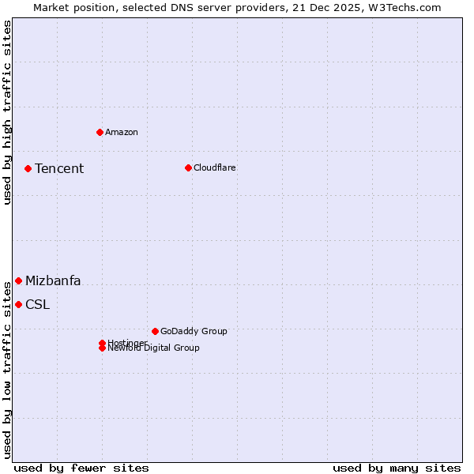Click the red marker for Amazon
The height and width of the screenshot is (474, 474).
[x=100, y=132]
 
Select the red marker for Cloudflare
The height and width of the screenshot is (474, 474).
[x=188, y=167]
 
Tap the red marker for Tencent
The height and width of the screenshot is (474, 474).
[x=28, y=168]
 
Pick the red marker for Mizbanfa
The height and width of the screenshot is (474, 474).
[x=18, y=280]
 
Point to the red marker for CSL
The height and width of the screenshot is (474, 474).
[x=18, y=304]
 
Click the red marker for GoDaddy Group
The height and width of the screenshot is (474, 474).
[x=155, y=331]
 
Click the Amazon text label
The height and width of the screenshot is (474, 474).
[x=122, y=132]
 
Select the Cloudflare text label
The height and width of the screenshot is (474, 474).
[x=214, y=167]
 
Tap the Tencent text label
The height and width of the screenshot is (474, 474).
[x=59, y=168]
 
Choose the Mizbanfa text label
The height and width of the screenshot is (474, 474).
[x=53, y=280]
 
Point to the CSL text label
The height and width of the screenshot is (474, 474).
[x=37, y=304]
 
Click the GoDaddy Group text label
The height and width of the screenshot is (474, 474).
[x=194, y=331]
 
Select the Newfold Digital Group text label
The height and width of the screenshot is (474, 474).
[x=154, y=348]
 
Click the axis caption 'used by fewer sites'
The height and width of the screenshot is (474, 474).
[x=81, y=468]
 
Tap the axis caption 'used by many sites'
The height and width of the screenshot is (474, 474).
[x=397, y=468]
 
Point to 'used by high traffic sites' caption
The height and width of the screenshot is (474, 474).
[x=8, y=112]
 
